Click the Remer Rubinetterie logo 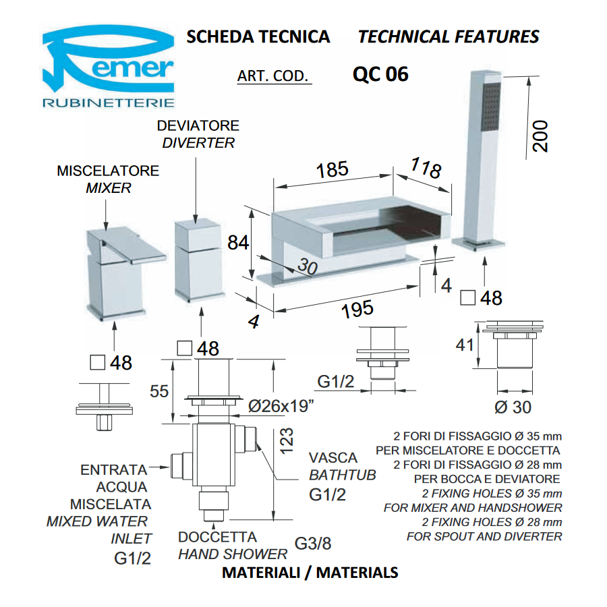point(109,67)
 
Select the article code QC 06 point(380,74)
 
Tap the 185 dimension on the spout point(332,170)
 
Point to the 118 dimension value point(426,168)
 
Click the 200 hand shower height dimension point(540,136)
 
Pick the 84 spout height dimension point(238,243)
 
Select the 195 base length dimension point(357,310)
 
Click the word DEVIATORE point(198,126)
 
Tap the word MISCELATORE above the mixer point(108,171)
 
